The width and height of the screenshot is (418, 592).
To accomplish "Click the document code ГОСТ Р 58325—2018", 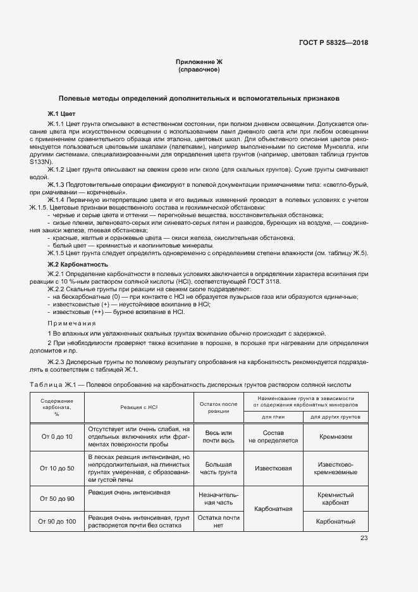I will [334, 43].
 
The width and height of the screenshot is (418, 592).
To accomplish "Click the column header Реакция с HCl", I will [138, 408].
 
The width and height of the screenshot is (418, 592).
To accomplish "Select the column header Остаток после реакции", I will [218, 407].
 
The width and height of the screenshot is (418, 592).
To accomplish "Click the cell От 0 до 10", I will [57, 437].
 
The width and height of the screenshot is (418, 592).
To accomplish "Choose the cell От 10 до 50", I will [57, 469].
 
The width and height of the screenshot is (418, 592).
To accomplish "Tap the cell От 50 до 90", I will [57, 499].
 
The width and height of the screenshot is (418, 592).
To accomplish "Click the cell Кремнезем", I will [335, 437].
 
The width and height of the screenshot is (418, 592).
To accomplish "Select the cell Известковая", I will [273, 469].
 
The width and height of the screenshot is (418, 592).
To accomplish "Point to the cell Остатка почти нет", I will [218, 521].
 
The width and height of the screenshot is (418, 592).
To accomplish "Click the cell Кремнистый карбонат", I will [335, 499].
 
